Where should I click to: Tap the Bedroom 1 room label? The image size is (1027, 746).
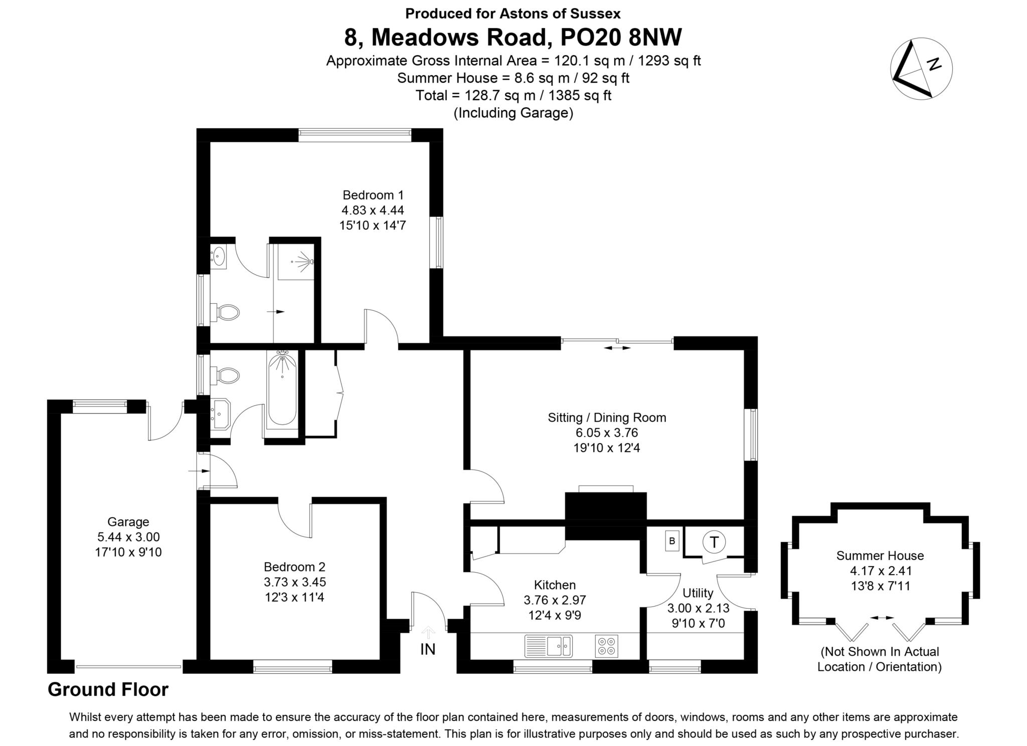click(x=373, y=195)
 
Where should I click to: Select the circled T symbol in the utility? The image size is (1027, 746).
click(x=714, y=542)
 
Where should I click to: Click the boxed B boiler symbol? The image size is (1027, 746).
click(x=672, y=541)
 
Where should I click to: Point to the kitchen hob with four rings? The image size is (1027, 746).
click(x=606, y=646)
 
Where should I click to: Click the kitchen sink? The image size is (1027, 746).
click(x=548, y=646)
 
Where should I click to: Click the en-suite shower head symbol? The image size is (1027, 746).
click(x=304, y=261)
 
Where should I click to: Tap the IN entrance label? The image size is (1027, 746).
click(x=428, y=649)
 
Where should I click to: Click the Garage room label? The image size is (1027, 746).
click(x=128, y=522)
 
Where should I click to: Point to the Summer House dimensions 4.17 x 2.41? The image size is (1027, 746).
click(x=880, y=571)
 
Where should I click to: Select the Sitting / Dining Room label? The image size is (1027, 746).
click(x=607, y=418)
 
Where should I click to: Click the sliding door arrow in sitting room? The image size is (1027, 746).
click(x=617, y=348)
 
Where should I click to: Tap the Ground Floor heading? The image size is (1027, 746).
click(x=108, y=690)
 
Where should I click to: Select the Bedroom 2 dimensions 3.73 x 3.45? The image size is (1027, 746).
click(x=295, y=582)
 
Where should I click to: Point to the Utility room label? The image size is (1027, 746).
click(x=698, y=593)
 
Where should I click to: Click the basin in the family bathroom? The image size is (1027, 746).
click(x=220, y=414)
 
